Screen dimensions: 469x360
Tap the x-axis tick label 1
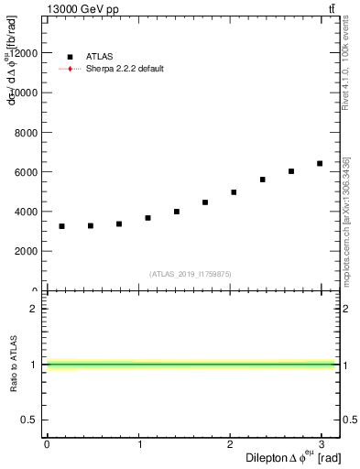pyautogui.click(x=138, y=444)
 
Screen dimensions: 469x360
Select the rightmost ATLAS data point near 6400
pyautogui.click(x=320, y=164)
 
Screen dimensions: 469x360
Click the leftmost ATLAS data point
pyautogui.click(x=61, y=226)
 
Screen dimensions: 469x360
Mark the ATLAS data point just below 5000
pyautogui.click(x=234, y=192)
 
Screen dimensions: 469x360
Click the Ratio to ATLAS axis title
pyautogui.click(x=13, y=364)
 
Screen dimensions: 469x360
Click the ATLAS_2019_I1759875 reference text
pyautogui.click(x=191, y=274)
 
